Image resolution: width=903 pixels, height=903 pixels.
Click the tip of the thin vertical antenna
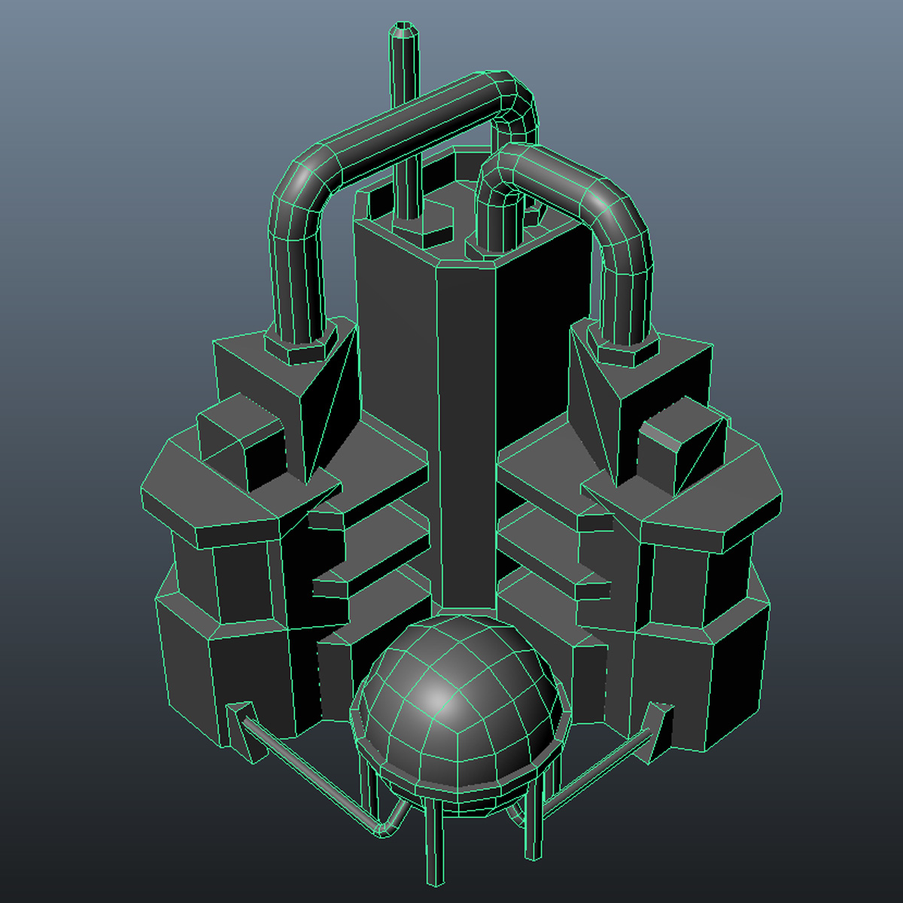click(404, 32)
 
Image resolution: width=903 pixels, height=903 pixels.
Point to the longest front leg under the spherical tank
click(435, 843)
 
